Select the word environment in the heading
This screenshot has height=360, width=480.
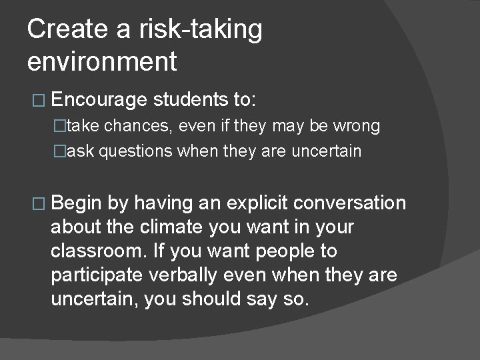click(x=103, y=62)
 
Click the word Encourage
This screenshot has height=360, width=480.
click(x=98, y=100)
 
